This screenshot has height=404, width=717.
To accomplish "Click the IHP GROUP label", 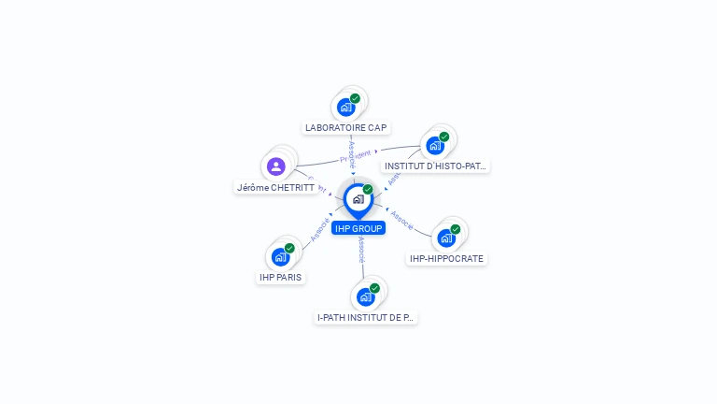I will pos(358,228).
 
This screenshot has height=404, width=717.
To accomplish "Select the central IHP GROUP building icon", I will pos(358,199).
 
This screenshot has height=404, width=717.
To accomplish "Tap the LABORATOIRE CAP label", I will pos(345,127).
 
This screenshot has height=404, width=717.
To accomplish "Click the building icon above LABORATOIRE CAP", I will pos(345,107).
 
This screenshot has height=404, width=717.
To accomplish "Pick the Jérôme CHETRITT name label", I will pos(275,187).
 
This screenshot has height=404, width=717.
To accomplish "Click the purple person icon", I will pos(275,166).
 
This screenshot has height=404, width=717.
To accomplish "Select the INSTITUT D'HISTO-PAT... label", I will pos(436,166).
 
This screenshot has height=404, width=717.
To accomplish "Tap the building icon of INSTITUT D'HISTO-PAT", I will pos(434,146).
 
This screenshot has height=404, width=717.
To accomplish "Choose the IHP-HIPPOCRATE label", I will pos(447,258).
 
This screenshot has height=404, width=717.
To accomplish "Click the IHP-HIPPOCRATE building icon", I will pos(446,238).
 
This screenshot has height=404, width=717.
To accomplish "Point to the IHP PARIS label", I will pos(281,277).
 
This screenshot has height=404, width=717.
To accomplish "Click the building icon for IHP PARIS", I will pos(280,256).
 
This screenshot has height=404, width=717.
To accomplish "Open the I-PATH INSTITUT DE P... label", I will pos(365,317).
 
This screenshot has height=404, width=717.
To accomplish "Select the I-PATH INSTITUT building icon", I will pos(365,297).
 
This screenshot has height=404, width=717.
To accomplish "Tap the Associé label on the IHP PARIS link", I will pos(319,229).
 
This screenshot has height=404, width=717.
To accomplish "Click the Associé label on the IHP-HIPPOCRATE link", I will pos(402,219).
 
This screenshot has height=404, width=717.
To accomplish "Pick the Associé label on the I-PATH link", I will pos(361,249).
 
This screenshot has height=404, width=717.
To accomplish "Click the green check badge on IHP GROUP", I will pos(368,190).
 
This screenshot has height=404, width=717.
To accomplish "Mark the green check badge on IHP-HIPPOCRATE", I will pos(456,229).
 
